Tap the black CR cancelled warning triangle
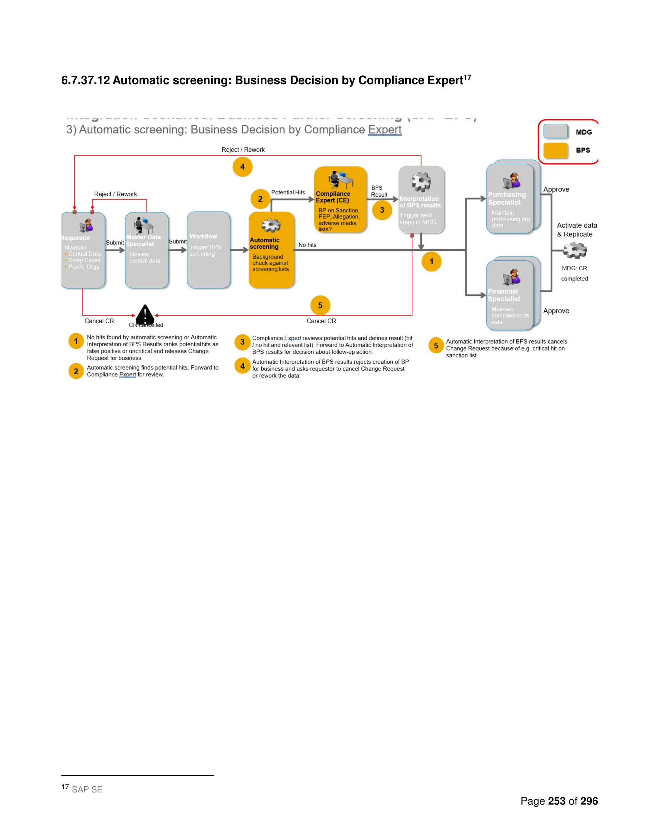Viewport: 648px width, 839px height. pyautogui.click(x=145, y=315)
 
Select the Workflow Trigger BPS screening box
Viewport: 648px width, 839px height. pyautogui.click(x=209, y=250)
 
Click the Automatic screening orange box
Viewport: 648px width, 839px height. pyautogui.click(x=271, y=250)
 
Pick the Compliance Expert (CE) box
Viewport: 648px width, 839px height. pyautogui.click(x=340, y=200)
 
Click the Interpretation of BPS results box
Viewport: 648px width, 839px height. pyautogui.click(x=421, y=200)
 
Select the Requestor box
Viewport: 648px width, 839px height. pyautogui.click(x=83, y=250)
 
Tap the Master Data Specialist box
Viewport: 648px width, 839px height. pyautogui.click(x=146, y=250)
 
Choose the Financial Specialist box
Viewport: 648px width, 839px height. pyautogui.click(x=510, y=295)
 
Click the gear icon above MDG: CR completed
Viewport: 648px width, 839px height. pyautogui.click(x=575, y=250)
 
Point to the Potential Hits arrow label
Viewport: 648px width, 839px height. pyautogui.click(x=288, y=192)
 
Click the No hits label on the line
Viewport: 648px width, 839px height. pyautogui.click(x=307, y=245)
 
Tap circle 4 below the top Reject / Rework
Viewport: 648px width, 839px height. pyautogui.click(x=242, y=167)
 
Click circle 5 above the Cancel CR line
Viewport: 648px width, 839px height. pyautogui.click(x=320, y=306)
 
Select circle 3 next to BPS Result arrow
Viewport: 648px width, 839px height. pyautogui.click(x=382, y=210)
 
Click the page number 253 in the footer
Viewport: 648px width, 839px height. pyautogui.click(x=557, y=801)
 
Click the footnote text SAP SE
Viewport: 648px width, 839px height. pyautogui.click(x=87, y=789)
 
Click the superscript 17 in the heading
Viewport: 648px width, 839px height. pyautogui.click(x=467, y=77)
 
